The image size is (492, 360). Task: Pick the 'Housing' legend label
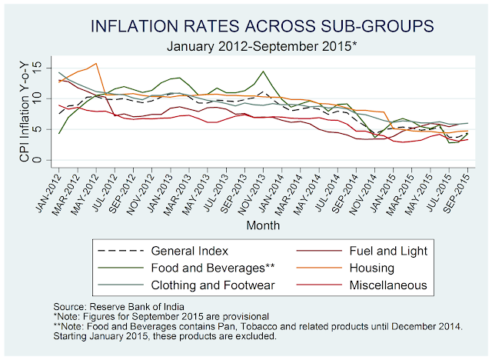[362, 268]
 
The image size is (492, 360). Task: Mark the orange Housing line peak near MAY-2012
[96, 64]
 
